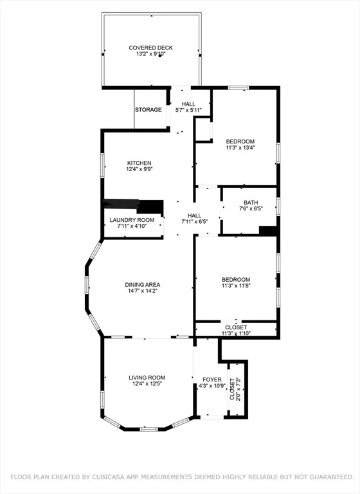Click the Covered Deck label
click(150, 48)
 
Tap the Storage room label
click(148, 110)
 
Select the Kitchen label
click(139, 163)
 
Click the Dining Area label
click(142, 284)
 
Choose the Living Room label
click(147, 378)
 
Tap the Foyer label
click(212, 380)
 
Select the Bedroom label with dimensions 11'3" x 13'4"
click(240, 142)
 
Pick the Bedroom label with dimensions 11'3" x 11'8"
click(236, 279)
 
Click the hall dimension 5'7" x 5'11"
click(188, 111)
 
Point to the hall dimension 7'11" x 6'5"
click(194, 223)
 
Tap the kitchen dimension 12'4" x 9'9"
click(139, 170)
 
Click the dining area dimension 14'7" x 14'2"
click(142, 291)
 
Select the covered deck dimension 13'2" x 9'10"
click(150, 55)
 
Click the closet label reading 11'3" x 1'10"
click(236, 333)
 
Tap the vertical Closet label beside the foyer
click(232, 389)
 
